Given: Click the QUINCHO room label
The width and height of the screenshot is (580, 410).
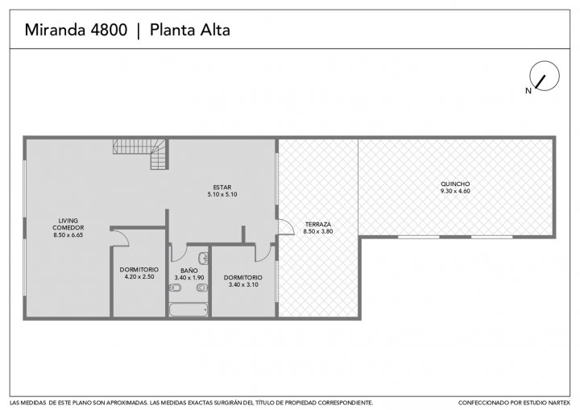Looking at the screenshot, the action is point(455,184).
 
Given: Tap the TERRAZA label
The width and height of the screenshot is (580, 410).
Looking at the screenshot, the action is point(317,224).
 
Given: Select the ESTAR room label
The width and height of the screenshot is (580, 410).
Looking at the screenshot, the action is point(222,187).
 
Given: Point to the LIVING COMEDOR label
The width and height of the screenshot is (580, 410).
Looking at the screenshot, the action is point(68,224).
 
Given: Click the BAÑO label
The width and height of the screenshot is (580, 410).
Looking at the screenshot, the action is point(189,271).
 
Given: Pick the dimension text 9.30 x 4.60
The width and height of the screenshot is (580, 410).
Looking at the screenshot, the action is point(455,191).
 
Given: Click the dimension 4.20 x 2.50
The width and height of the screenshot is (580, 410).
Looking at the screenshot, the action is point(139,277).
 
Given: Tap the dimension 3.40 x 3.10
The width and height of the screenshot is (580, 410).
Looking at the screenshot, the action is point(243,284).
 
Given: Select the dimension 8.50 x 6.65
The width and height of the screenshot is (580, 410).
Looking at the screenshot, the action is point(68,234).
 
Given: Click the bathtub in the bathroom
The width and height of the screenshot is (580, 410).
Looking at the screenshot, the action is point(188,310).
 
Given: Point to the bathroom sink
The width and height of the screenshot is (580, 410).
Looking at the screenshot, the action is point(203,257).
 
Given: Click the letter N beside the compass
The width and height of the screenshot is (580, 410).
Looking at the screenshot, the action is point(528,91).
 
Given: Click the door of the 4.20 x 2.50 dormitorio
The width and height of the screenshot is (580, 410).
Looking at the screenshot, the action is point(120,237).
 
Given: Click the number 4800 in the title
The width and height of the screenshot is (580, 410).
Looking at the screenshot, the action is point(109,30).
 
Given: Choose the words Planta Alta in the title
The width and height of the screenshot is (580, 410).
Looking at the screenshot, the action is point(190,30).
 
